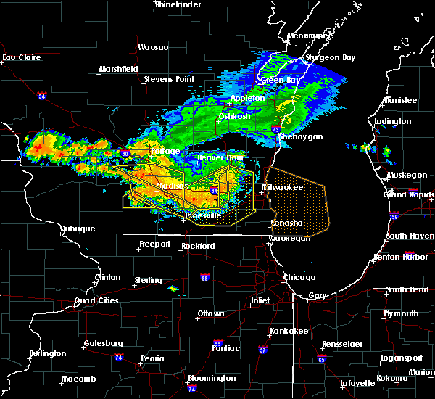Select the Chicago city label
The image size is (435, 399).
coord(299,277)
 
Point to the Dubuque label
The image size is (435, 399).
coord(77,229)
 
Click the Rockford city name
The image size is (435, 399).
coord(199,246)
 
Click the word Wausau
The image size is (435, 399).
coord(153,49)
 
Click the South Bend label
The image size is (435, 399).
coord(402,289)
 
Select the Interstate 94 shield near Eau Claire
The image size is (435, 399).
coord(42,95)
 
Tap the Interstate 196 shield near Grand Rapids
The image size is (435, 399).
coord(393,216)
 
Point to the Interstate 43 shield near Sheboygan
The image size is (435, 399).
coord(276,129)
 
